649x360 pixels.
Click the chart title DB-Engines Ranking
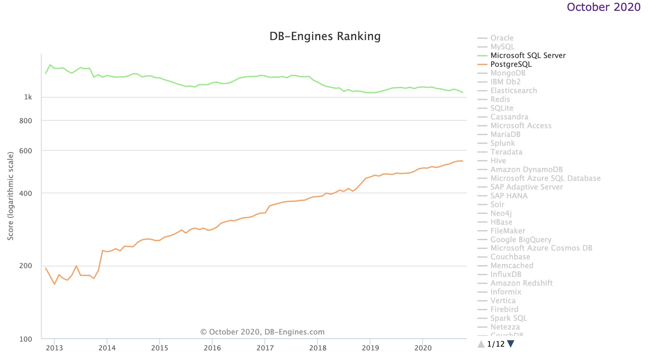[x=325, y=36]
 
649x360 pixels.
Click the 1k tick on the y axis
[x=28, y=97]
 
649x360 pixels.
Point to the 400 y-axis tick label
[x=25, y=193]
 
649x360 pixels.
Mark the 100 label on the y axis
[x=25, y=339]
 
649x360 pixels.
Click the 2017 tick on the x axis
[x=265, y=348]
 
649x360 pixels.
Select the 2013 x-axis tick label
[x=54, y=348]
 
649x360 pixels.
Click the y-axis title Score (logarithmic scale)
[x=11, y=196]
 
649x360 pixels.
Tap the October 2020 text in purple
[x=603, y=7]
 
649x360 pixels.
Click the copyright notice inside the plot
[x=262, y=332]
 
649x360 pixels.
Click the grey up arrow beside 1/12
[x=481, y=344]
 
